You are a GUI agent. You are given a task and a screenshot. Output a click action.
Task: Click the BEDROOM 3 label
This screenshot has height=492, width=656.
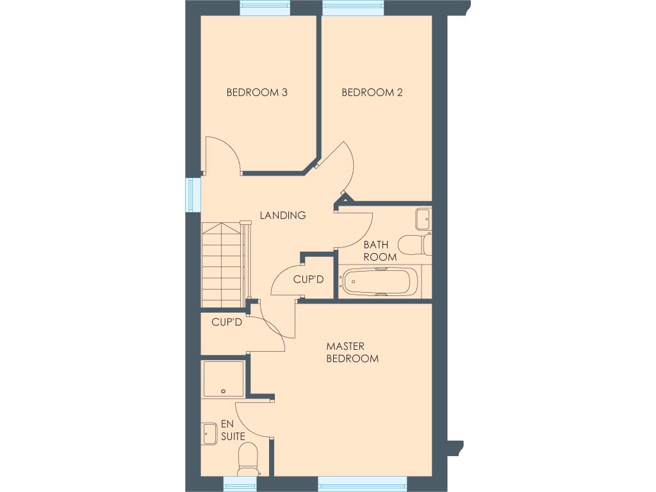tap(257, 92)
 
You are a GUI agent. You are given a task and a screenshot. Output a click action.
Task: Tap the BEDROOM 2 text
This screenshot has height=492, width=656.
tap(372, 92)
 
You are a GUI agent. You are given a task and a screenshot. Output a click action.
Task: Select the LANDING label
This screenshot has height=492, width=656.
tap(283, 215)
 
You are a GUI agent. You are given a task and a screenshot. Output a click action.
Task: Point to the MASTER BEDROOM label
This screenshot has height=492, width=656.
tap(352, 352)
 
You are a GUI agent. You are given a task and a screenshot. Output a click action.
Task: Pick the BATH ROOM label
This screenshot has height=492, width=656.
tap(380, 250)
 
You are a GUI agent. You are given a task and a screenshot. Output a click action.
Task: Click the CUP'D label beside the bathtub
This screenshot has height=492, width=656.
tap(309, 279)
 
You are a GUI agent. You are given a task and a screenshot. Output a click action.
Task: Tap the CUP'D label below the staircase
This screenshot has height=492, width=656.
tap(227, 322)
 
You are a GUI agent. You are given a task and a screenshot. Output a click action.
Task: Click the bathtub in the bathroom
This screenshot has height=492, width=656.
tap(379, 282)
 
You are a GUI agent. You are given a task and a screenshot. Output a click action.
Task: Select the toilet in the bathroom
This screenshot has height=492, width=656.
tap(414, 244)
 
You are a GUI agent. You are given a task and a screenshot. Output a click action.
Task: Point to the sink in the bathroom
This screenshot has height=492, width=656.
tap(423, 218)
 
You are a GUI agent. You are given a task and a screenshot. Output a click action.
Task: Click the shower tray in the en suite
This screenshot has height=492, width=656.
tap(222, 379)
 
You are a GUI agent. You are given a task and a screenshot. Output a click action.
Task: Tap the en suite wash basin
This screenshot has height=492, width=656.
tap(209, 434)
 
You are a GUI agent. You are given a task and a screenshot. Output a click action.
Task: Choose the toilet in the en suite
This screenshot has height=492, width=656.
tap(247, 460)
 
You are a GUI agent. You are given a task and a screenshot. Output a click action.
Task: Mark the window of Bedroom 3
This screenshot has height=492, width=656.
tap(263, 8)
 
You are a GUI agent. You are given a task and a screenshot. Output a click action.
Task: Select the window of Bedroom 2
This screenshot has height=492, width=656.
tap(353, 8)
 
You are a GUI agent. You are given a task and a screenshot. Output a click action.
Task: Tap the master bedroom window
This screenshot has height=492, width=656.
tap(363, 483)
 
